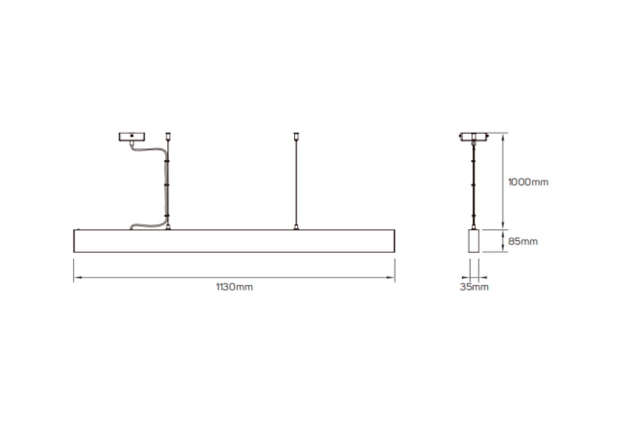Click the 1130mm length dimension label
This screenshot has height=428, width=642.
pos(234,287)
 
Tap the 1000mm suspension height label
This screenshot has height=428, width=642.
pos(528,182)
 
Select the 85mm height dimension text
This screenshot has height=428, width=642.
pos(522,241)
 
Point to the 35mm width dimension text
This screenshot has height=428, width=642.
pos(474,287)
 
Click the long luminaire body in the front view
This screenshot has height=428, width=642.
pos(234,241)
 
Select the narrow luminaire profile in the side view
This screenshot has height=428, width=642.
pos(473,241)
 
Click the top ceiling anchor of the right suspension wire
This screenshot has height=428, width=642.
pos(295,135)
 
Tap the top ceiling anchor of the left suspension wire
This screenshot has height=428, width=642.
pos(169,135)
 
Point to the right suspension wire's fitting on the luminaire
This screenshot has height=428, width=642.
pos(295,228)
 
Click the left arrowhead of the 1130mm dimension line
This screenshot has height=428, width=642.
pos(77,278)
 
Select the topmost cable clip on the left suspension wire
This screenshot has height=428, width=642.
pos(168,160)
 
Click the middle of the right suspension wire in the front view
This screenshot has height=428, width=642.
pos(295,182)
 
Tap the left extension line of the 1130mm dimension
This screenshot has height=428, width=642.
pos(73,270)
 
